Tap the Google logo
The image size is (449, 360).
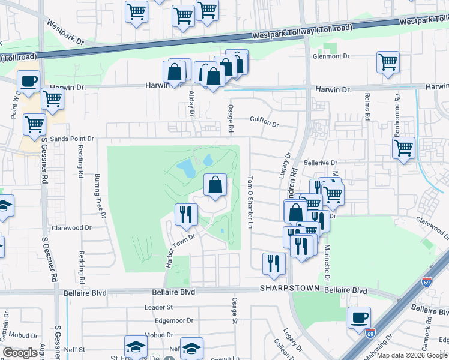pyautogui.click(x=20, y=353)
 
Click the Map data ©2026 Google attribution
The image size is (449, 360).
pyautogui.click(x=407, y=355)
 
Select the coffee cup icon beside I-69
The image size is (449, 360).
pyautogui.click(x=359, y=318)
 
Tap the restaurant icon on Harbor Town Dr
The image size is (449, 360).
pyautogui.click(x=186, y=214)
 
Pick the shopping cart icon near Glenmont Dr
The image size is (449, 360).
pyautogui.click(x=388, y=62)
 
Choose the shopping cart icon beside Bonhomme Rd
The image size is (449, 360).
pyautogui.click(x=403, y=148)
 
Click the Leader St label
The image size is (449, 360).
pyautogui.click(x=158, y=307)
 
